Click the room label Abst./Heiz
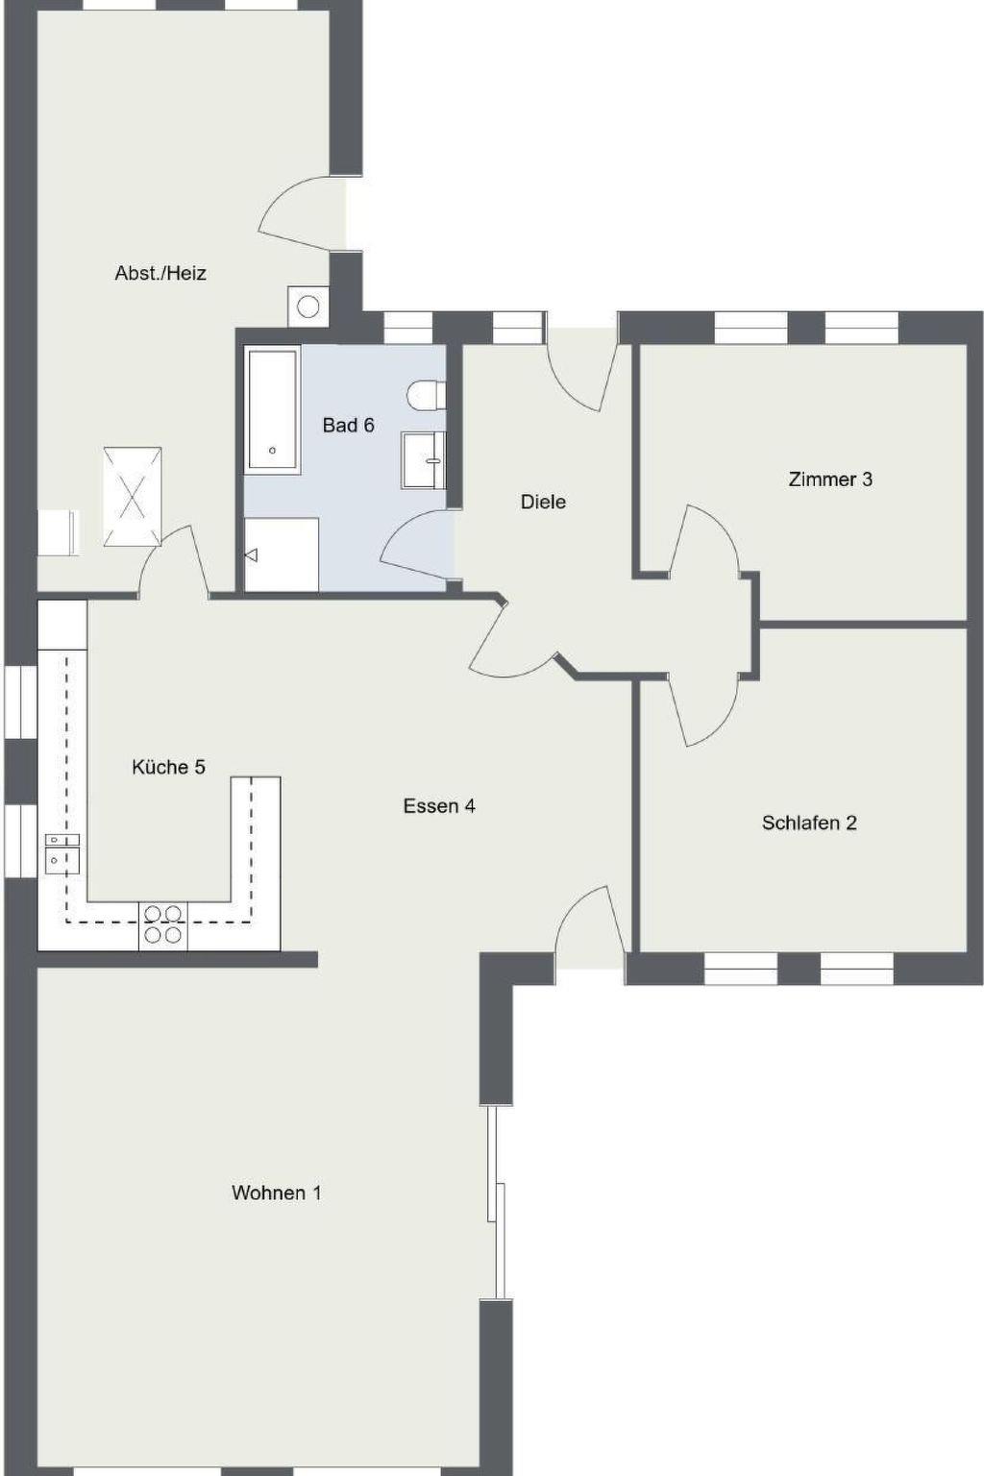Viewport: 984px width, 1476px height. pyautogui.click(x=160, y=273)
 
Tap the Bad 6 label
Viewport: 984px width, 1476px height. pyautogui.click(x=348, y=425)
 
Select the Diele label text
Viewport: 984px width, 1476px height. pyautogui.click(x=543, y=502)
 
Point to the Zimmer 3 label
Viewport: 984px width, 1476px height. pyautogui.click(x=830, y=480)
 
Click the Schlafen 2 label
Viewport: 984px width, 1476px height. pyautogui.click(x=809, y=823)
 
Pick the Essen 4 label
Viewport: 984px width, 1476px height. pyautogui.click(x=439, y=806)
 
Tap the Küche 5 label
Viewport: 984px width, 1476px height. pyautogui.click(x=169, y=767)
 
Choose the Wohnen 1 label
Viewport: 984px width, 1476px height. pyautogui.click(x=276, y=1193)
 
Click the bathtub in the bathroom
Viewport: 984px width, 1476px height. pyautogui.click(x=272, y=409)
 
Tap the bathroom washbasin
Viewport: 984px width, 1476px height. pyautogui.click(x=423, y=460)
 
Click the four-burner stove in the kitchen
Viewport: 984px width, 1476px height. pyautogui.click(x=162, y=925)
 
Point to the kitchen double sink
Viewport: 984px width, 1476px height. pyautogui.click(x=62, y=853)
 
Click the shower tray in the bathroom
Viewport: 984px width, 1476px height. pyautogui.click(x=282, y=554)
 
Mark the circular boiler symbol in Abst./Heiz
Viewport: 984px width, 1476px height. pyautogui.click(x=307, y=307)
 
